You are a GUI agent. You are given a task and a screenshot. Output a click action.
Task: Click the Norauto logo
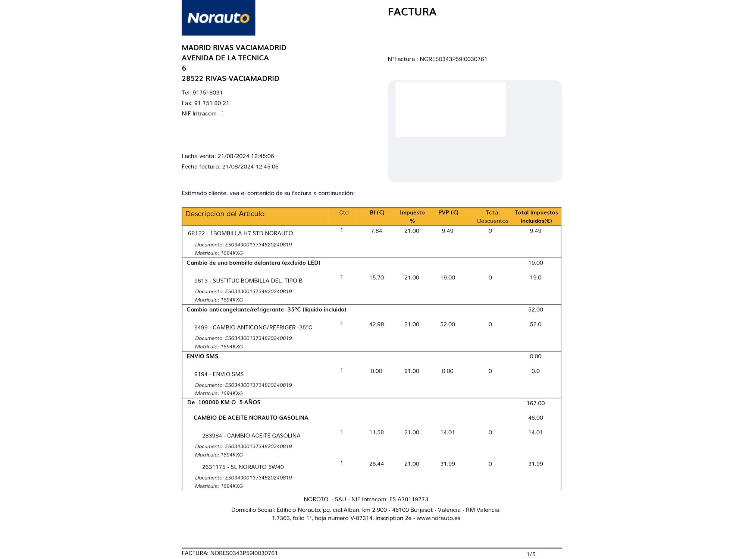point(218,18)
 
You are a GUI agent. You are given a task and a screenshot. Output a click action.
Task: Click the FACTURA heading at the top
point(412,12)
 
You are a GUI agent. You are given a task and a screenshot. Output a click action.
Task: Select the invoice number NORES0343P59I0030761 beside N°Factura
point(453,59)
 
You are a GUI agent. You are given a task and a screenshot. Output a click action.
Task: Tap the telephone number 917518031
point(207,92)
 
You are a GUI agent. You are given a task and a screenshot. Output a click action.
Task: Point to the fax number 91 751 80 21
point(211,103)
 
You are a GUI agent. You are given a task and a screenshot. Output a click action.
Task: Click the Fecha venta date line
point(228,156)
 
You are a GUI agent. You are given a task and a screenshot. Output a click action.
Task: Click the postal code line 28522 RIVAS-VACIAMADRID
point(230,79)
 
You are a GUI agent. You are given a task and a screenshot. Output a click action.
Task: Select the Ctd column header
point(344,212)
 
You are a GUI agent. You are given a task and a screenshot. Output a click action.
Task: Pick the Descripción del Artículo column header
point(225,214)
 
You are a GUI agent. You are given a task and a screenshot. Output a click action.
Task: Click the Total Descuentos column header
point(492,217)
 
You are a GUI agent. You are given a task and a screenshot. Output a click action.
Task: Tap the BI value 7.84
point(376,231)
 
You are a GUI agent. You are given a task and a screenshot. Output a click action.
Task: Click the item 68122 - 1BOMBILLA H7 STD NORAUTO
point(240,233)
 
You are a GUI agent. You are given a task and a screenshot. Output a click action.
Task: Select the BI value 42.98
point(376,324)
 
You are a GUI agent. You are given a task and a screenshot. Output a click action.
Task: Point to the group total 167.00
point(535,403)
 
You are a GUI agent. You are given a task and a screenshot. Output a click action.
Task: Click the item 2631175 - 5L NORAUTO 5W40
point(243,467)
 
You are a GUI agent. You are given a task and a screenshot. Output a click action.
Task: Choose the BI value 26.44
point(376,464)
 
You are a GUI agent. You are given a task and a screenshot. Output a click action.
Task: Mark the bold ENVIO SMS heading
point(202,356)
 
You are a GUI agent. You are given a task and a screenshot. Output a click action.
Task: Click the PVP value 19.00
point(447,278)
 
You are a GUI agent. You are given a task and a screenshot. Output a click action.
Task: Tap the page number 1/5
point(531,554)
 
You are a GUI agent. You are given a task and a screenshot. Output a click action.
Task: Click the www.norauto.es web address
point(438,518)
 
